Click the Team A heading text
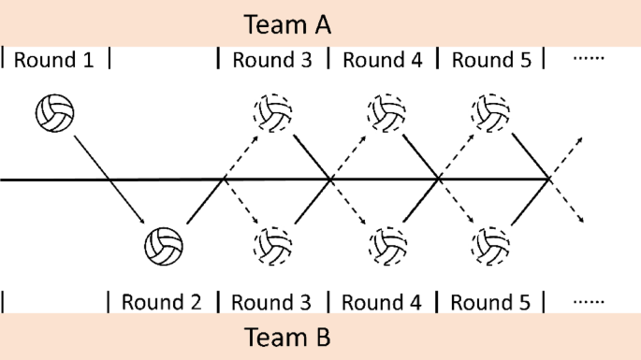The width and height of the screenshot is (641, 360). pyautogui.click(x=287, y=23)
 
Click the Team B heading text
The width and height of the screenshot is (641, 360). pyautogui.click(x=287, y=337)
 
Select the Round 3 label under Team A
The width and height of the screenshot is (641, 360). pyautogui.click(x=272, y=60)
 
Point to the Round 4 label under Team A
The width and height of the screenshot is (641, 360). pyautogui.click(x=383, y=60)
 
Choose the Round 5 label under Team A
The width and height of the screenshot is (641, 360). pyautogui.click(x=492, y=60)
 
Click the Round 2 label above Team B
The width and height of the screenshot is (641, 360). pyautogui.click(x=163, y=302)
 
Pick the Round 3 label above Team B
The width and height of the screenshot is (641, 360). pyautogui.click(x=272, y=302)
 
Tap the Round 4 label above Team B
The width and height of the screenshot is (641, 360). pyautogui.click(x=383, y=302)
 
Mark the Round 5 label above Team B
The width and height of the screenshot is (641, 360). pyautogui.click(x=492, y=302)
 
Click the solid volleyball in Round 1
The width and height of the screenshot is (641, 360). pyautogui.click(x=54, y=113)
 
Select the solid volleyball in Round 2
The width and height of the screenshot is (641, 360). pyautogui.click(x=164, y=246)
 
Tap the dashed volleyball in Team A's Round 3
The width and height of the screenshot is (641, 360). pyautogui.click(x=272, y=113)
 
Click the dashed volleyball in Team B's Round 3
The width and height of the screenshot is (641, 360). pyautogui.click(x=272, y=246)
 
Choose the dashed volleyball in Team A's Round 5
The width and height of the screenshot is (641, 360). pyautogui.click(x=492, y=113)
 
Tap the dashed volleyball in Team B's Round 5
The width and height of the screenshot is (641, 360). pyautogui.click(x=492, y=246)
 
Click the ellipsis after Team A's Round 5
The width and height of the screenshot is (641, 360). pyautogui.click(x=589, y=59)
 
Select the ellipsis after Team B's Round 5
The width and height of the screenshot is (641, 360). pyautogui.click(x=589, y=302)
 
